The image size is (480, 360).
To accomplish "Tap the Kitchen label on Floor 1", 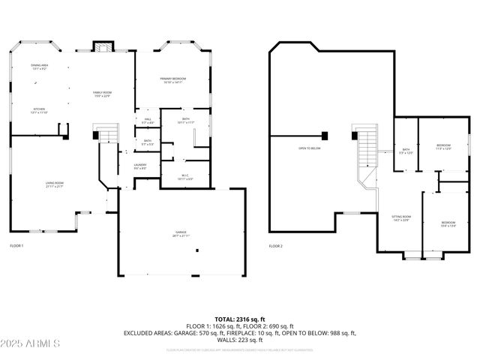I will click(x=40, y=111).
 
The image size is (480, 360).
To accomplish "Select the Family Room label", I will click(x=101, y=94).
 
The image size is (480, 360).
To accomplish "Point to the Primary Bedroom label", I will click(x=172, y=80).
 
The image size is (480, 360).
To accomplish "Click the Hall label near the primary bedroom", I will click(x=147, y=121).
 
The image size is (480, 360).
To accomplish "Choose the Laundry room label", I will click(x=140, y=166).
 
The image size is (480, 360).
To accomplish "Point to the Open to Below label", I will click(x=310, y=148).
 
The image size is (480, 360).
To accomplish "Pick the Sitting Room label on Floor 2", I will click(x=400, y=218).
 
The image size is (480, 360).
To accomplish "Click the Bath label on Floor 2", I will click(x=406, y=151).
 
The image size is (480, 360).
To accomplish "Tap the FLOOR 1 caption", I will click(x=16, y=246).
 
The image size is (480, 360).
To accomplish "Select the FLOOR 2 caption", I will click(x=276, y=246).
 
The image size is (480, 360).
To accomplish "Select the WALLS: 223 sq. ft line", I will click(x=239, y=339).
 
